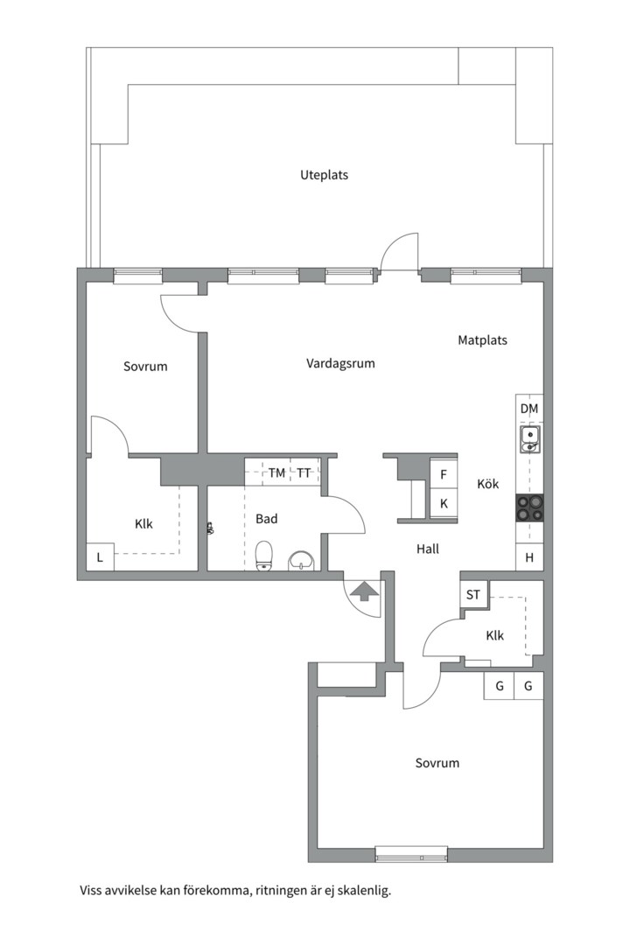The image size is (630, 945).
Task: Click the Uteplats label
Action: tap(325, 175)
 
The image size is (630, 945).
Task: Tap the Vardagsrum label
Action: tap(340, 363)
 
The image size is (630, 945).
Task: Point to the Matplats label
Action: tap(482, 340)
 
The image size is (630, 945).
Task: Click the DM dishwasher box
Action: tap(529, 409)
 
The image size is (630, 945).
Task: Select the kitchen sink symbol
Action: tap(530, 438)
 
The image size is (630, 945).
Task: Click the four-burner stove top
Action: tap(529, 507)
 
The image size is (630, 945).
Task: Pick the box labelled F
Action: tap(444, 475)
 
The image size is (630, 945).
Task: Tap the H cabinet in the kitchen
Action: tap(529, 557)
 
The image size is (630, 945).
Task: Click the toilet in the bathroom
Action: tap(264, 556)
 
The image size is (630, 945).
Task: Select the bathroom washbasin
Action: tap(301, 561)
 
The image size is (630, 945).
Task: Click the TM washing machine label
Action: tap(276, 473)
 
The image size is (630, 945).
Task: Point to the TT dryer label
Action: tap(304, 473)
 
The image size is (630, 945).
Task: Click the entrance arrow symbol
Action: tap(361, 591)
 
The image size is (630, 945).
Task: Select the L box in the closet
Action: tap(100, 556)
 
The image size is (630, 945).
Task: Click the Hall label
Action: tap(427, 549)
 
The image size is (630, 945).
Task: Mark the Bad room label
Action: tap(267, 519)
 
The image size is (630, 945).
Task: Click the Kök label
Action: tap(487, 484)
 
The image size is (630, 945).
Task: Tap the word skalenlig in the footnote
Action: tap(364, 890)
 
